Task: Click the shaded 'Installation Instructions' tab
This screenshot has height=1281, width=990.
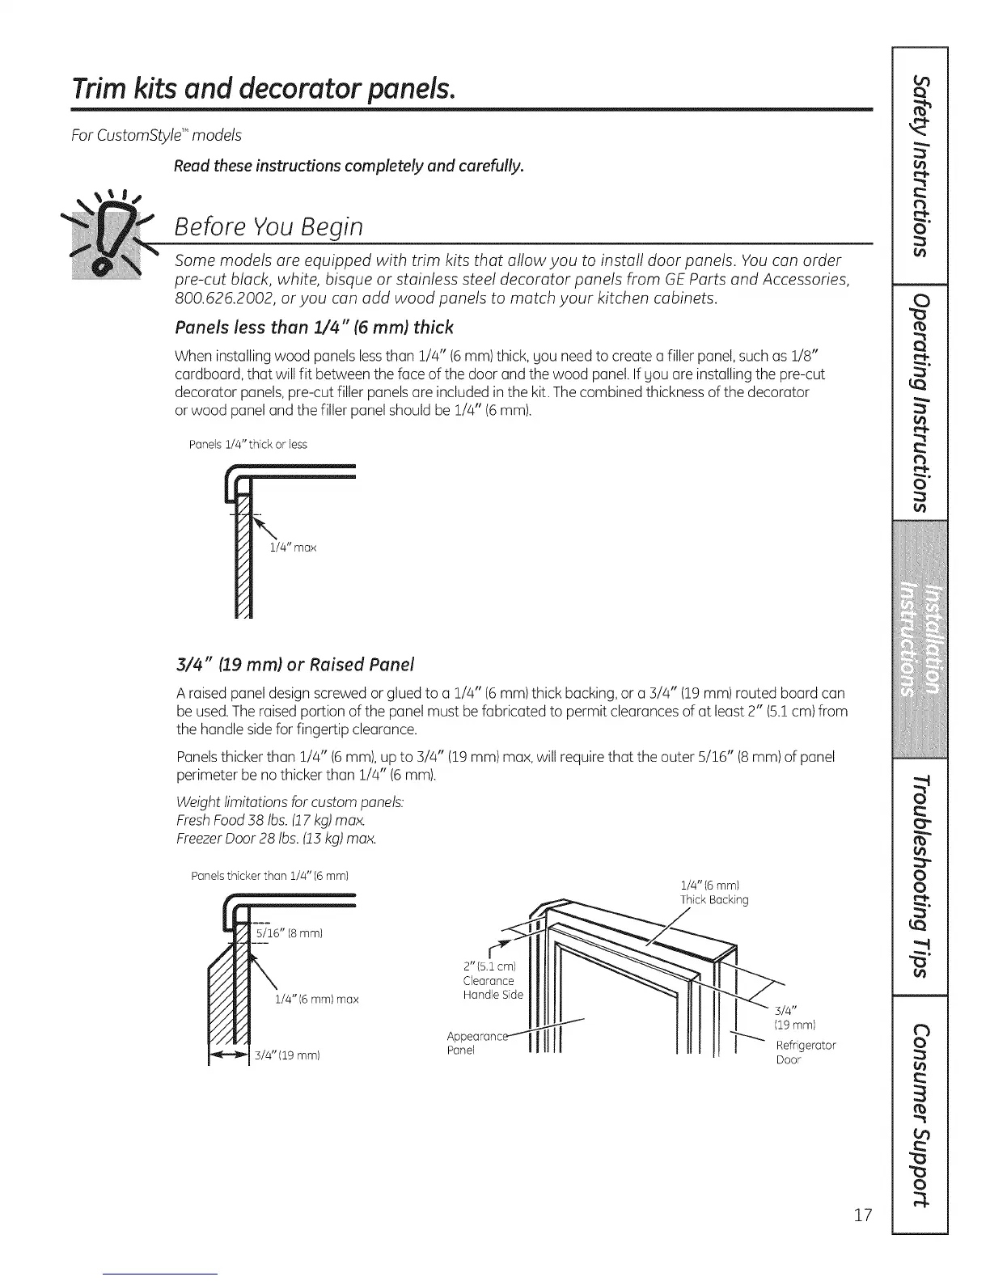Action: click(x=920, y=640)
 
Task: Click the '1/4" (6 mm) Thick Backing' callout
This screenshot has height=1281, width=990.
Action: click(x=714, y=892)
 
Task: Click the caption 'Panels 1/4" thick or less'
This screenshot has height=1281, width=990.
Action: click(x=247, y=445)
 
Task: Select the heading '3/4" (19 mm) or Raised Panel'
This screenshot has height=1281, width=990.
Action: click(x=294, y=665)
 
